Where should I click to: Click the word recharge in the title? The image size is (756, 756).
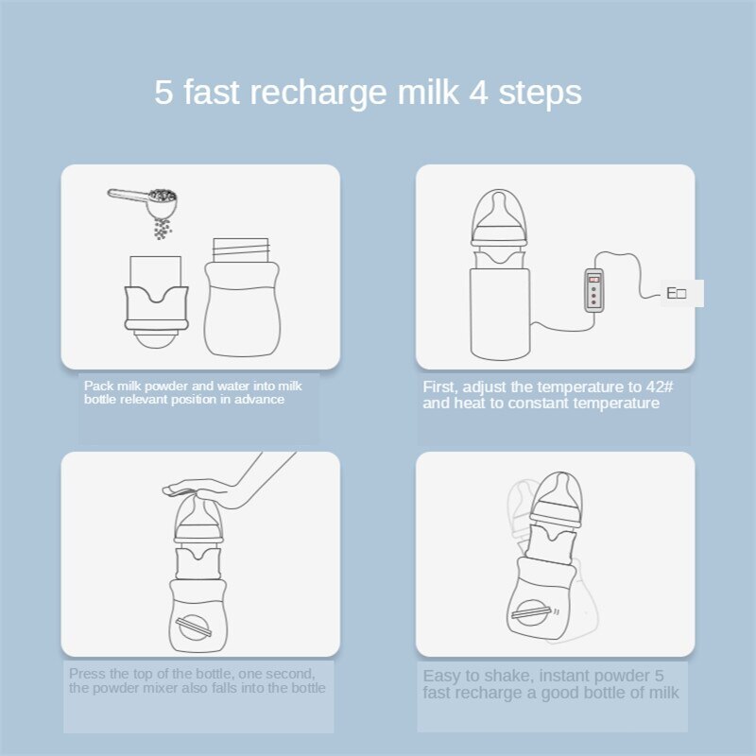pos(318,94)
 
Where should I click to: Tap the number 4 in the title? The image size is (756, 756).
pos(478,92)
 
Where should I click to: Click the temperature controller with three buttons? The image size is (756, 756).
pos(594,291)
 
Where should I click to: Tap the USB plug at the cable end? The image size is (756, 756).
pos(681,293)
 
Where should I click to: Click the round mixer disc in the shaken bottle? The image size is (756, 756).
pos(530,612)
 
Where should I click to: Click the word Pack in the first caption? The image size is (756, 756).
pos(99,386)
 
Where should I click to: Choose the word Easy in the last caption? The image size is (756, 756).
pos(441,676)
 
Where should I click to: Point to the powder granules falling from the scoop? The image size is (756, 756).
pos(163,229)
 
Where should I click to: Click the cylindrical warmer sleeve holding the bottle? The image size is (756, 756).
pos(500,315)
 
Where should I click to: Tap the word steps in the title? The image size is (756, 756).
pos(540,94)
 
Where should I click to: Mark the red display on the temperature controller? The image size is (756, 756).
pos(594,280)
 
